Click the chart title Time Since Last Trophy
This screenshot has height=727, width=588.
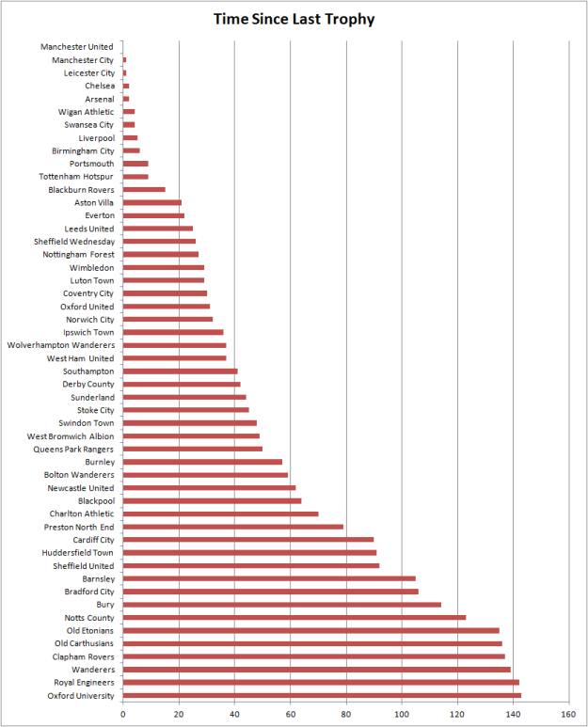click(x=294, y=18)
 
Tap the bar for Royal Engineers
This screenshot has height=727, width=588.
click(x=321, y=682)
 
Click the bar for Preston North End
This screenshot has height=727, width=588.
click(x=233, y=527)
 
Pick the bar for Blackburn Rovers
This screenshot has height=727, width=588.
click(x=144, y=190)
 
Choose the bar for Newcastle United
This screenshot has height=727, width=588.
click(x=209, y=488)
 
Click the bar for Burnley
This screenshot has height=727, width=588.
click(x=202, y=462)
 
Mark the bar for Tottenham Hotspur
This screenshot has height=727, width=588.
click(x=135, y=177)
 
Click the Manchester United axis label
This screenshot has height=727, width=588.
click(x=77, y=47)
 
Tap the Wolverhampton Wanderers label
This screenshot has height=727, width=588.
click(x=60, y=345)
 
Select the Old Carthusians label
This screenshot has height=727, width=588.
click(x=85, y=643)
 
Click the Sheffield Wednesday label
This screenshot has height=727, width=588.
click(x=74, y=242)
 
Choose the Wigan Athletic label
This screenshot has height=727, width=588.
click(x=86, y=112)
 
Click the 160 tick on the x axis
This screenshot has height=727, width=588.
click(x=570, y=714)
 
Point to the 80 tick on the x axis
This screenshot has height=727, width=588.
click(x=347, y=714)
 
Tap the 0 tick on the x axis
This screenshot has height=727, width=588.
click(x=123, y=714)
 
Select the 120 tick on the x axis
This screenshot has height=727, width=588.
click(x=458, y=714)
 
